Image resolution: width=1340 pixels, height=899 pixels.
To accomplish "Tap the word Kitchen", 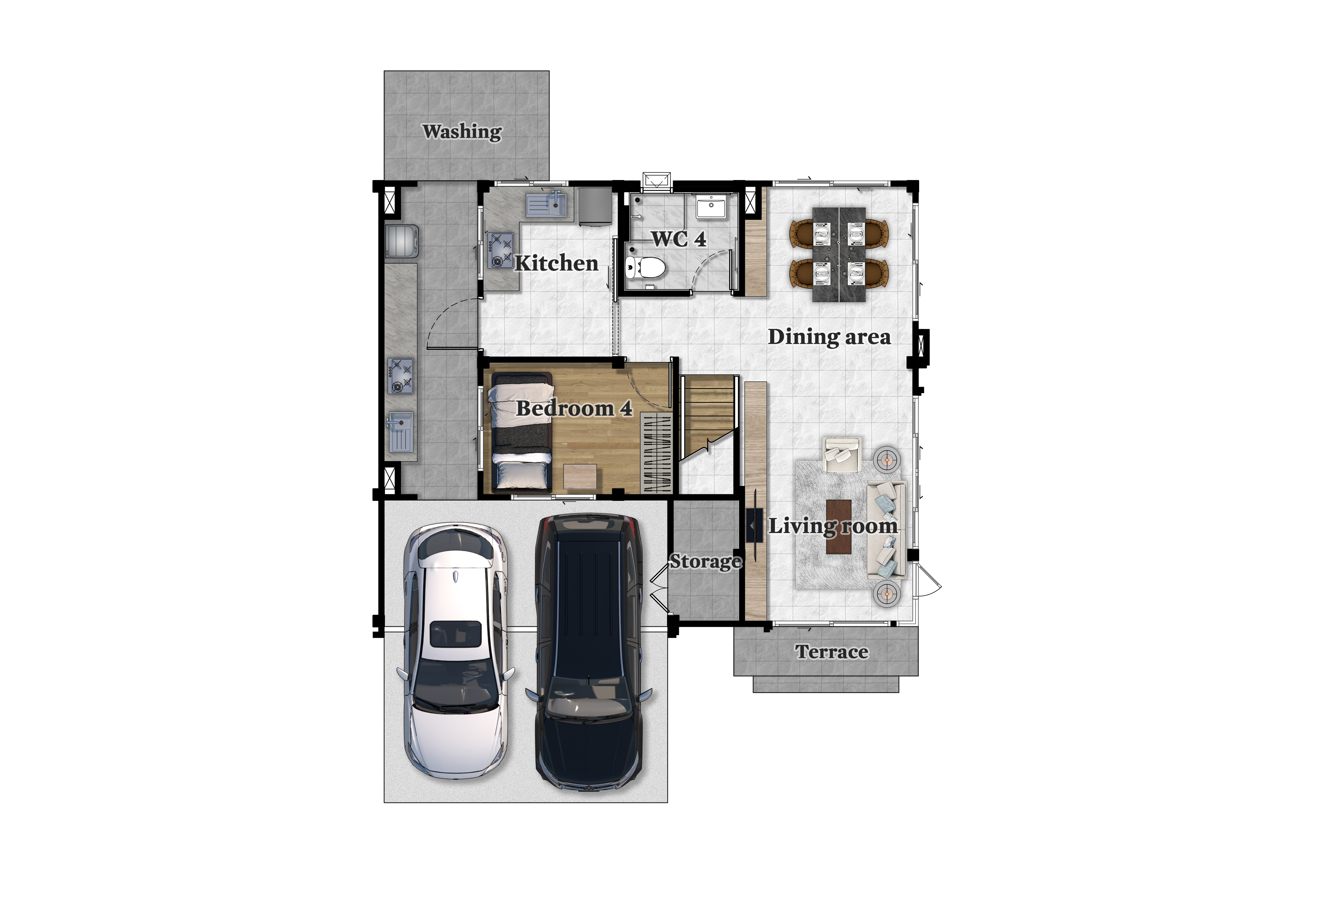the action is click(556, 263).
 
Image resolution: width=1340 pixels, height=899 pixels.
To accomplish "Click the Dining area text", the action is click(829, 337).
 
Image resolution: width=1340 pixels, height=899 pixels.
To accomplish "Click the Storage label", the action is click(706, 561).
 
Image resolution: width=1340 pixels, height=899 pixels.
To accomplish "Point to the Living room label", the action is click(832, 526).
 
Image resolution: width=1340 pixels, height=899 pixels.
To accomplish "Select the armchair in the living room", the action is click(842, 455).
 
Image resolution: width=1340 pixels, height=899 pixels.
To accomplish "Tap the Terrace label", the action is click(831, 652).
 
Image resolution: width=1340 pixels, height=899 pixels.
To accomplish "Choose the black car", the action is click(588, 651).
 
